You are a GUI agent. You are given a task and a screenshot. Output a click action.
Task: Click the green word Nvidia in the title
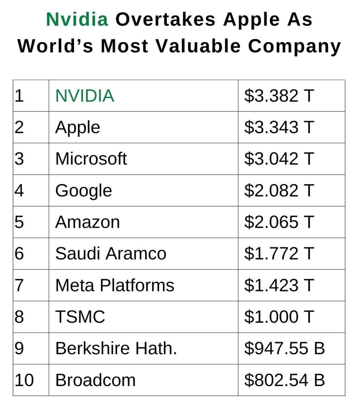coord(77,19)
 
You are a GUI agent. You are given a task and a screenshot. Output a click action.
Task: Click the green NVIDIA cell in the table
coord(84,96)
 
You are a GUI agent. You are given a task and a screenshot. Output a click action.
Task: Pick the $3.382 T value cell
coord(278,96)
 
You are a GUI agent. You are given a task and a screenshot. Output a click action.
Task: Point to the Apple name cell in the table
coord(77,127)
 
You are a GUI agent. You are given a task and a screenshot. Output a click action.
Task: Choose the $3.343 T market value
coord(278,127)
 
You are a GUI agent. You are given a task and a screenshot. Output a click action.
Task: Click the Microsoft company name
coord(91,159)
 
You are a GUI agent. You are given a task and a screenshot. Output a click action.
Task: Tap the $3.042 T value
coord(278,159)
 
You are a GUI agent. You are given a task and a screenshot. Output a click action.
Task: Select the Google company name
coord(83,191)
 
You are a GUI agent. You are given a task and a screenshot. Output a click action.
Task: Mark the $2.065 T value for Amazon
coord(278,222)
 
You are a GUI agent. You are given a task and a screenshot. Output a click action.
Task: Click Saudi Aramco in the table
coord(111,253)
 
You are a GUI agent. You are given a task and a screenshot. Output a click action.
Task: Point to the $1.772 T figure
coord(278,253)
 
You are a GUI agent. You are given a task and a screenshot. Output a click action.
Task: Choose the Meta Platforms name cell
coord(114,285)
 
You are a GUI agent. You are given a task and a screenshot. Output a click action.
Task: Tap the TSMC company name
coord(80,317)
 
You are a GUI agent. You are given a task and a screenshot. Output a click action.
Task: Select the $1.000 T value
coord(278,317)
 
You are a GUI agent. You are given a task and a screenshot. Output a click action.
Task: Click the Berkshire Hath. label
coord(116,349)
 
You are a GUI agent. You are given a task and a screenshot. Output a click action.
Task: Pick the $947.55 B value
coord(284,349)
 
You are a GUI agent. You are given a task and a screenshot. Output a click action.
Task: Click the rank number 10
coord(24,380)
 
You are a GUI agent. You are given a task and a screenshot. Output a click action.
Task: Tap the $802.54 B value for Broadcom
coord(284,380)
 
